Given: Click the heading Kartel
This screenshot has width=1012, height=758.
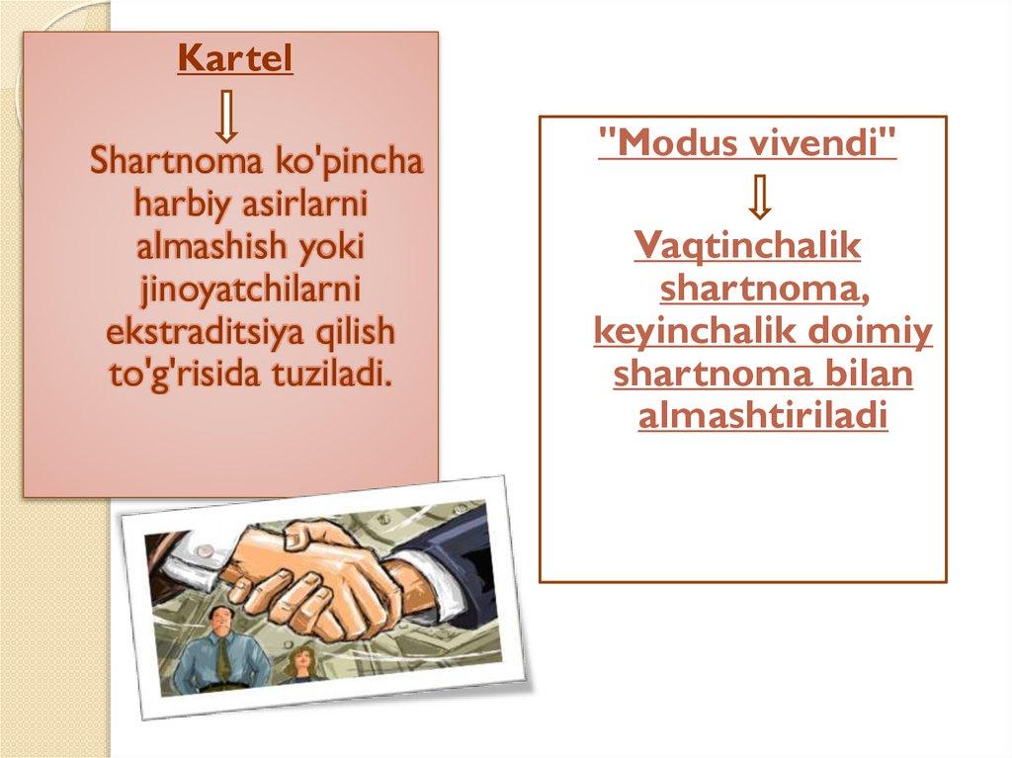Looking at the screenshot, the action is coord(235,58).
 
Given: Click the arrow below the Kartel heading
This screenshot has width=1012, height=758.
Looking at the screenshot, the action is coord(226,117).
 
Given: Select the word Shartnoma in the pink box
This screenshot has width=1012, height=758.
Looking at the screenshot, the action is coord(176,161).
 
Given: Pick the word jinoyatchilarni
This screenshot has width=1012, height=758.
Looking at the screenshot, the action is coord(249,291).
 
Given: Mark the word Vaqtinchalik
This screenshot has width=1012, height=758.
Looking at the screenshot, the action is coord(747,245).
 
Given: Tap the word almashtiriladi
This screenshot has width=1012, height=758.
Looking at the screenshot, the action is coord(763,416).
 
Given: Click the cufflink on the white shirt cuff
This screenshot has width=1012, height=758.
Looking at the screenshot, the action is coord(206,550).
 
